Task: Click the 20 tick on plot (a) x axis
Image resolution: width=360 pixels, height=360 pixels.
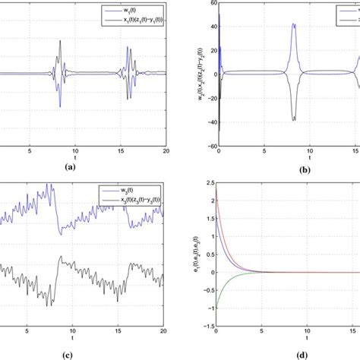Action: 166,152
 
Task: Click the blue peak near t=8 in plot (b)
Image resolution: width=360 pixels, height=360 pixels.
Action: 294,24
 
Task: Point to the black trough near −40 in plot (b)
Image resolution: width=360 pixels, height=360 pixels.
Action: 294,119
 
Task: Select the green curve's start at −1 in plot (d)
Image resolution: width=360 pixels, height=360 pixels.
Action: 217,307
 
